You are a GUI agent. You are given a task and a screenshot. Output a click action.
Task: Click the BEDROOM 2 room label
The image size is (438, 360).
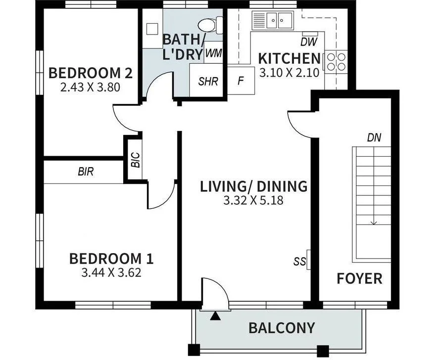[90, 73]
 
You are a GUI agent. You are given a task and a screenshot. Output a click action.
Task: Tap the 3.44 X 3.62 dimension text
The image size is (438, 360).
[111, 272]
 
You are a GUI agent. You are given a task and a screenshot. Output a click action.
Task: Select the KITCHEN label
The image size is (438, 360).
[290, 58]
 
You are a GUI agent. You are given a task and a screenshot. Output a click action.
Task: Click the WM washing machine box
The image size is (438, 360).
[213, 53]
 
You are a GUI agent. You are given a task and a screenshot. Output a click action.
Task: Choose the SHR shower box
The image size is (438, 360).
[208, 81]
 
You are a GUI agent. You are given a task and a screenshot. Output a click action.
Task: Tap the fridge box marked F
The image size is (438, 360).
[241, 81]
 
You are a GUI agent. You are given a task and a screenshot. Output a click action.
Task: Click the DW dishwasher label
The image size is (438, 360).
[309, 42]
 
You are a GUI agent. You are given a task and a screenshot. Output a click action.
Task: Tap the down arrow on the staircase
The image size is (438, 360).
[374, 222]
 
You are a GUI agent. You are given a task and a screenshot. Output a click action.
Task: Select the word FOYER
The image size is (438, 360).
[359, 278]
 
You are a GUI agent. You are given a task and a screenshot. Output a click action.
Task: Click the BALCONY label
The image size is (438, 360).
[281, 327]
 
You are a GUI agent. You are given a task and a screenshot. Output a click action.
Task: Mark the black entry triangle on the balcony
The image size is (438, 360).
[214, 316]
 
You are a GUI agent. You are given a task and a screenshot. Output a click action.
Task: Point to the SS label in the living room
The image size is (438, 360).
[299, 262]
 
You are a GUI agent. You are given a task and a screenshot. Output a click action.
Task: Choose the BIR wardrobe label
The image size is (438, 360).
[86, 172]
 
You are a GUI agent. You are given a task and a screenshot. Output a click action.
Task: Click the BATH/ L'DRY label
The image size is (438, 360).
[183, 46]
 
